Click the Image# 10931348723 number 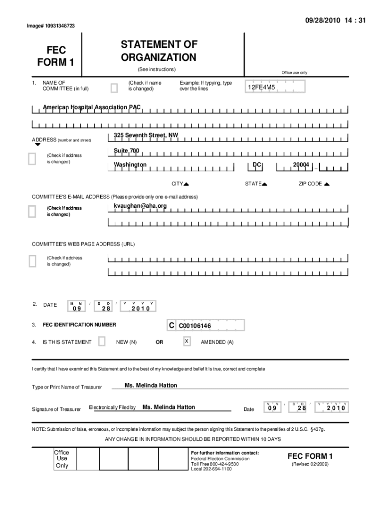point(51,25)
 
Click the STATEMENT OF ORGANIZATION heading point(159,51)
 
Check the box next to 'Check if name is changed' point(114,88)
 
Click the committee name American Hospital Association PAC point(92,107)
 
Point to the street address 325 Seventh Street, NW point(146,135)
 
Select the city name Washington point(130,165)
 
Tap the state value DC point(257,165)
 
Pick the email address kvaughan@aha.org point(140,206)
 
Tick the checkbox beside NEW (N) point(102,341)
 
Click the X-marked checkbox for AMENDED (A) point(187,341)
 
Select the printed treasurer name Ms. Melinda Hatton point(151,385)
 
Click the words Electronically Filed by point(112,407)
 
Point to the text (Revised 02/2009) point(310,464)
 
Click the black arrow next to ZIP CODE point(327,184)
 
